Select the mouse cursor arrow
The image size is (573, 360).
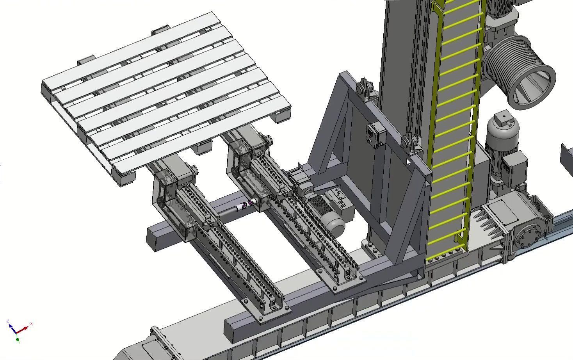tap(408, 162)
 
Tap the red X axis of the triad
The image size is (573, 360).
tap(24, 328)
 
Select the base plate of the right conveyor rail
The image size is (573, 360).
tap(347, 283)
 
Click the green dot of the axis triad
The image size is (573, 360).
tap(18, 340)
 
